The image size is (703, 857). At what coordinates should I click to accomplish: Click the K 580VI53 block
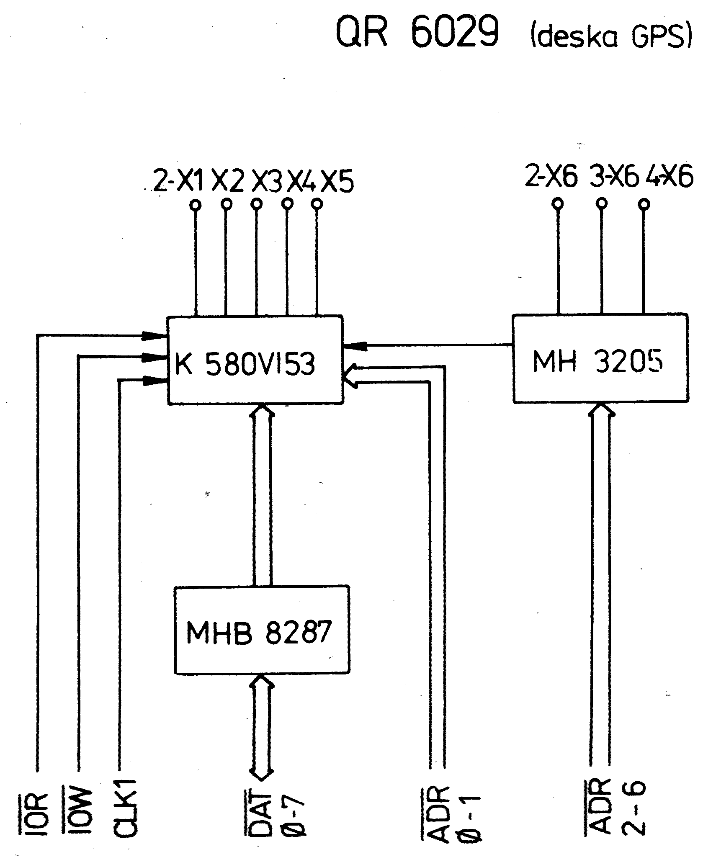(x=255, y=360)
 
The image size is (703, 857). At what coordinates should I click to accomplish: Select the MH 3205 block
(x=600, y=359)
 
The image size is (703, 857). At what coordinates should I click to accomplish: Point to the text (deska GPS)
(x=611, y=38)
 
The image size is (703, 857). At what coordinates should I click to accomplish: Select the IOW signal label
(x=77, y=816)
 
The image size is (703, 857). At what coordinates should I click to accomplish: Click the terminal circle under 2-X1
(x=195, y=205)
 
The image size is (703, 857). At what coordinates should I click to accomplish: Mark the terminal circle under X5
(x=317, y=204)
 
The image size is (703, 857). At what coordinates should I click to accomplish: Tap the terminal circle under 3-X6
(x=601, y=204)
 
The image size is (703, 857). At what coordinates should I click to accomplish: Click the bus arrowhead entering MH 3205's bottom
(x=600, y=409)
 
